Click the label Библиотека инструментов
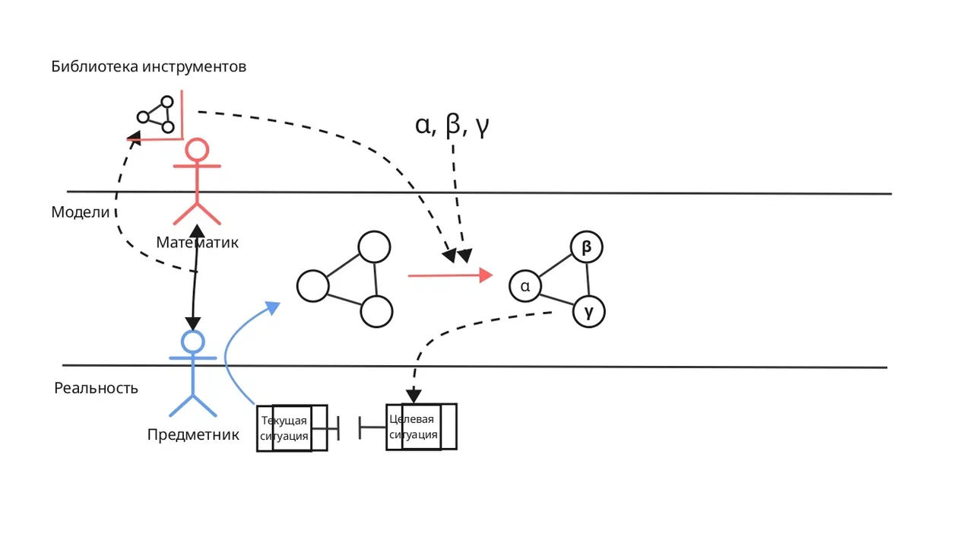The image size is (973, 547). (x=148, y=66)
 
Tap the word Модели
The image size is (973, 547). (x=81, y=212)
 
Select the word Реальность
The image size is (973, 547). (x=96, y=388)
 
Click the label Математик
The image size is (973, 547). (x=197, y=242)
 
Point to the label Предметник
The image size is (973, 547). (x=193, y=434)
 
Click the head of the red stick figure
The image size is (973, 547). (x=197, y=150)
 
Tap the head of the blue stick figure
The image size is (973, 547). (x=193, y=342)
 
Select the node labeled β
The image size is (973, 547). (x=586, y=247)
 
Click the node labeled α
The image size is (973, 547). (x=525, y=286)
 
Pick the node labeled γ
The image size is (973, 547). (x=589, y=311)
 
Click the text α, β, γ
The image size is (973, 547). (x=452, y=126)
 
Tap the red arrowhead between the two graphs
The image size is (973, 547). (x=486, y=275)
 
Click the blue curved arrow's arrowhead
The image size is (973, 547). (x=273, y=307)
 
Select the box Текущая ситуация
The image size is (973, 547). (x=292, y=428)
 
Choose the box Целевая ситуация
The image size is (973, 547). (x=421, y=427)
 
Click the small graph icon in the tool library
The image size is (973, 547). (x=156, y=115)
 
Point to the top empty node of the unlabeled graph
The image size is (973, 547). (x=375, y=247)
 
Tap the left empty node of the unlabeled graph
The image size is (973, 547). (x=312, y=286)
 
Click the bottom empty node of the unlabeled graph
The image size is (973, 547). (x=376, y=311)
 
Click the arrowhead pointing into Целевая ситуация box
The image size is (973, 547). (x=414, y=396)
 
